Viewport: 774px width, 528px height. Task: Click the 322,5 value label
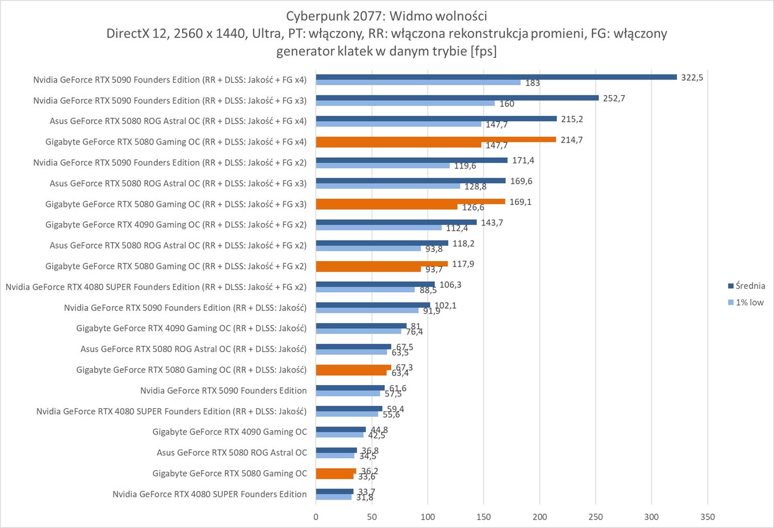[x=692, y=77]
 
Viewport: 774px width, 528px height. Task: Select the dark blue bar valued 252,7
[x=457, y=98]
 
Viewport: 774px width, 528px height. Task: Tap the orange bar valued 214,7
[x=436, y=139]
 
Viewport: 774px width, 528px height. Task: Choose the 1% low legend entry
[x=749, y=302]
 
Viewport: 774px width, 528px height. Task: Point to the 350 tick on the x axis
[x=707, y=517]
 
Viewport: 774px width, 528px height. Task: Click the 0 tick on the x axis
[x=316, y=517]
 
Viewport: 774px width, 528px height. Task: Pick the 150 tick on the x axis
[x=483, y=517]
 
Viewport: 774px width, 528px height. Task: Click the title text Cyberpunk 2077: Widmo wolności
[x=386, y=15]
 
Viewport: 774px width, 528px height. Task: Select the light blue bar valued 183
[x=418, y=83]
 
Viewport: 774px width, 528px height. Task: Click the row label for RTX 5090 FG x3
[x=170, y=101]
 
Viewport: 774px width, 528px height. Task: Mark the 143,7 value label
[x=492, y=222]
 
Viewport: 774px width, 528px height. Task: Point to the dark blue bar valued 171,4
[x=411, y=160]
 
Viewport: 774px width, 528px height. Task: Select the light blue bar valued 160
[x=405, y=103]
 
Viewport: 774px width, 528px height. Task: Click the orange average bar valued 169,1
[x=410, y=201]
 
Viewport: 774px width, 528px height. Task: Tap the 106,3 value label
[x=450, y=284]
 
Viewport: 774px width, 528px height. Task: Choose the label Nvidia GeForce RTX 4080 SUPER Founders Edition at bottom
[x=209, y=494]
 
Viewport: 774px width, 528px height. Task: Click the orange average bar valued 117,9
[x=381, y=264]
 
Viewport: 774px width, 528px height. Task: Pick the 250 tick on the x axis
[x=595, y=517]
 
